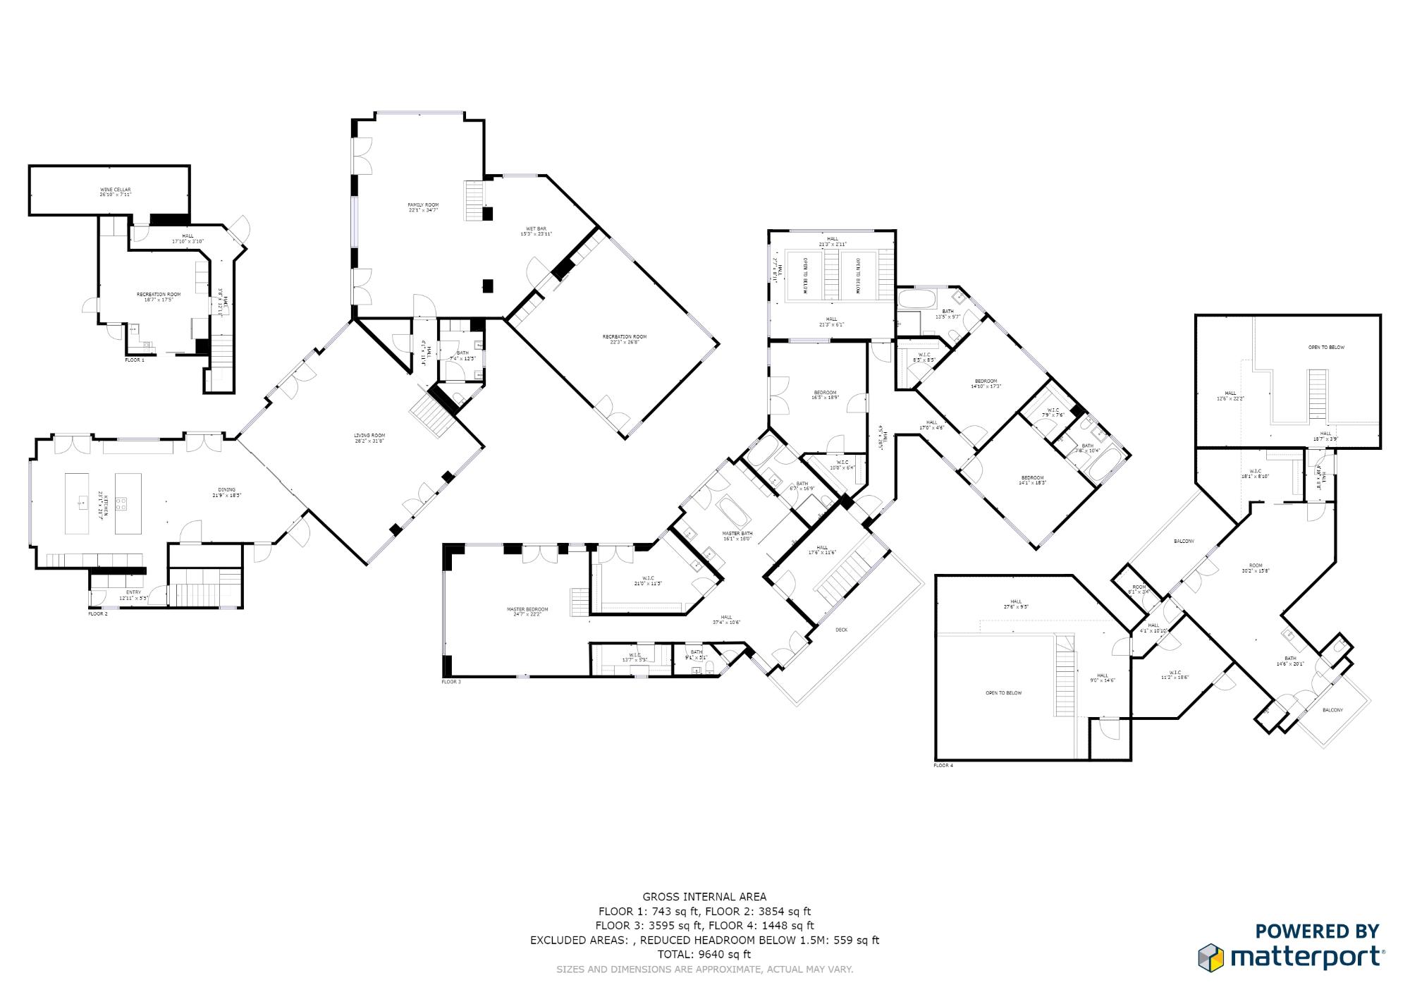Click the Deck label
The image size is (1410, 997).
(841, 630)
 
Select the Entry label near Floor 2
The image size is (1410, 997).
(133, 592)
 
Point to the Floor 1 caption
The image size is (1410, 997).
(135, 360)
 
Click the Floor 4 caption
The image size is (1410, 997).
(943, 765)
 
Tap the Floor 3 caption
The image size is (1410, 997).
(451, 682)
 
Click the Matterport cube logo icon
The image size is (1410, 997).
(1211, 957)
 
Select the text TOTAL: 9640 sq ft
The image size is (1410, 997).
(704, 955)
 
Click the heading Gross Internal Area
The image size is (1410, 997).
(704, 898)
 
